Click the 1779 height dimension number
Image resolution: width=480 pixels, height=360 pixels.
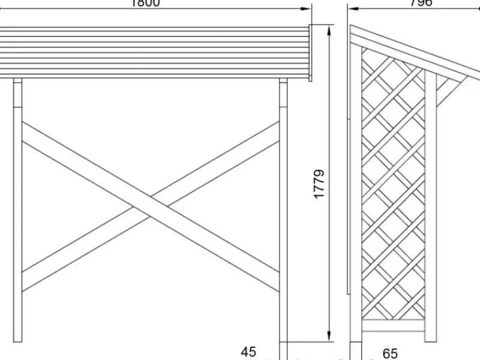pyautogui.click(x=319, y=184)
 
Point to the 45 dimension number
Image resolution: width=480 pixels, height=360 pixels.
pyautogui.click(x=248, y=352)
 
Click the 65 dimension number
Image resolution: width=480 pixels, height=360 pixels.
pyautogui.click(x=389, y=353)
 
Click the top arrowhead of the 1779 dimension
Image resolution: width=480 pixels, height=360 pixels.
pyautogui.click(x=329, y=29)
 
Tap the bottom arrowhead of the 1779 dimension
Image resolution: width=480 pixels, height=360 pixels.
pyautogui.click(x=329, y=337)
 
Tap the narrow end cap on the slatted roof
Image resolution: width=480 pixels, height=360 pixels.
pyautogui.click(x=311, y=53)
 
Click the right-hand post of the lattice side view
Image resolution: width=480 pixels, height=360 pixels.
pyautogui.click(x=431, y=210)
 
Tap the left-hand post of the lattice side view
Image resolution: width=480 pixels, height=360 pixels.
pyautogui.click(x=356, y=198)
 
